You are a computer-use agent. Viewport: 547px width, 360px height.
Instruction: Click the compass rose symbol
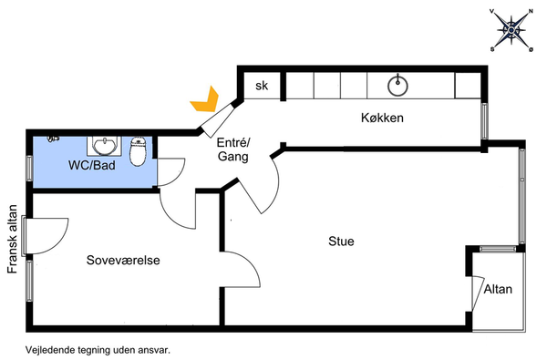coord(511,30)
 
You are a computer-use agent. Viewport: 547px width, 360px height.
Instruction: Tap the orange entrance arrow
coord(206,101)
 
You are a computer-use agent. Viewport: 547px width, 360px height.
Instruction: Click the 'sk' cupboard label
coord(262,86)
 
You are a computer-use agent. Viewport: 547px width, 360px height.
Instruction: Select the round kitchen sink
coord(398,86)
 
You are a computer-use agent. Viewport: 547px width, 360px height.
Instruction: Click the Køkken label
coord(382,118)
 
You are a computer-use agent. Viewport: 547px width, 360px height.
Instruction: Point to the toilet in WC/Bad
coord(139,151)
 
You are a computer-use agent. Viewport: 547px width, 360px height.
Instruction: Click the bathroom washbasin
coord(104,146)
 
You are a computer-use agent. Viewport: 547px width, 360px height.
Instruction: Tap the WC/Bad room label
coord(92,165)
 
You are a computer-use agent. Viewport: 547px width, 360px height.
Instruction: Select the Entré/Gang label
coord(233,149)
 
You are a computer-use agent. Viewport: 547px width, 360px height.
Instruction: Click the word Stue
coord(341,242)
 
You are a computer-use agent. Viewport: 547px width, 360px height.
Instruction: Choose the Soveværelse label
coord(123,261)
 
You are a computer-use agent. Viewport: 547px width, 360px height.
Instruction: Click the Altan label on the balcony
coord(498,289)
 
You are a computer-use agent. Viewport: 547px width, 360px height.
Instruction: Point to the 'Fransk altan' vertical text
coord(12,239)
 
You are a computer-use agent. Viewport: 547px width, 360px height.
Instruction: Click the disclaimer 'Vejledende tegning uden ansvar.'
coord(98,350)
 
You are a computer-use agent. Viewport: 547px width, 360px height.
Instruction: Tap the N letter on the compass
coord(531,11)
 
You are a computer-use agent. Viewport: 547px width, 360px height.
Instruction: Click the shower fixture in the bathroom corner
coord(53,139)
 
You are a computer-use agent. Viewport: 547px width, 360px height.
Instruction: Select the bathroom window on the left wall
coord(30,168)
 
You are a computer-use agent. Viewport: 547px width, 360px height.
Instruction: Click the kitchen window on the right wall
coord(484,121)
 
